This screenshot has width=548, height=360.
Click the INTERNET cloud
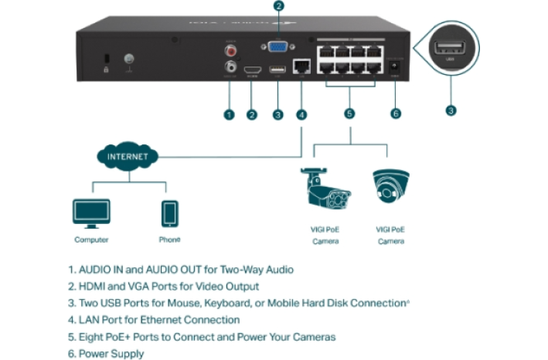tap(126, 157)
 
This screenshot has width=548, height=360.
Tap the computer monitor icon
tap(91, 212)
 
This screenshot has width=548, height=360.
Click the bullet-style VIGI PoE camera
tap(325, 188)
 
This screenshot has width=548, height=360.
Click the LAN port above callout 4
tap(302, 67)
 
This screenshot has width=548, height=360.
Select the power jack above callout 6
tap(396, 67)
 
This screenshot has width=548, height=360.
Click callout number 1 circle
tap(229, 115)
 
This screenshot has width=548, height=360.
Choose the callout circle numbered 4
tap(301, 115)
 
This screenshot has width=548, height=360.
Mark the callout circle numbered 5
tap(350, 114)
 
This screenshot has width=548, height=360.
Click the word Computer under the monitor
tap(91, 240)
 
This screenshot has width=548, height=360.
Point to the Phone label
tap(169, 240)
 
